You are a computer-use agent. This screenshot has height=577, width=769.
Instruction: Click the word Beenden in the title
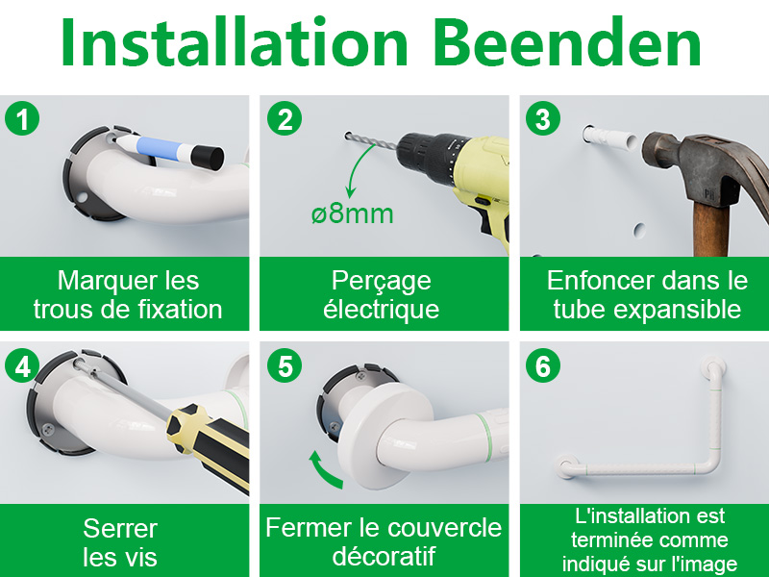[566, 43]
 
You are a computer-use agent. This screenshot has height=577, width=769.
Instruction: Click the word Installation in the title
[235, 41]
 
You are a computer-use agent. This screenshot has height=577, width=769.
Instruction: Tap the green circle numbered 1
[22, 118]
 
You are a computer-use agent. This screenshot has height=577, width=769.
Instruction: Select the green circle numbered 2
[285, 118]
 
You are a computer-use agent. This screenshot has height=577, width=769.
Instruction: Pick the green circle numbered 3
[543, 118]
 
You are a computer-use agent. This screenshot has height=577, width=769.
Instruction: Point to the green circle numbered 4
[22, 365]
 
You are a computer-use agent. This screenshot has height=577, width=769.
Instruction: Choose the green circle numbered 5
[285, 366]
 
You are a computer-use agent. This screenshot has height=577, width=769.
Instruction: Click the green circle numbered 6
[543, 366]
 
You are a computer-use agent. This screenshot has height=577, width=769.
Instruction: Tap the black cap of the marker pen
[207, 157]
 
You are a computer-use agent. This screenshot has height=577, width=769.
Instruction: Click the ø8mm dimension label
[352, 214]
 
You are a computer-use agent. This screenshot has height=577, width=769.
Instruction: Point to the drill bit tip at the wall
[347, 135]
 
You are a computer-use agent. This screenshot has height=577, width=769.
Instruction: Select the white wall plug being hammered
[610, 137]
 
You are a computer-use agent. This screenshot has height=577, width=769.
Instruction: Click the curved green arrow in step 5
[324, 470]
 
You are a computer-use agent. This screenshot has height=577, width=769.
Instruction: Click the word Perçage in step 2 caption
[382, 282]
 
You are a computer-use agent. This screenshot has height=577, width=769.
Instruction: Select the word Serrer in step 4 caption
[120, 528]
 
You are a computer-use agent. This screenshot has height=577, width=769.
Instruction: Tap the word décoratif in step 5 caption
[384, 556]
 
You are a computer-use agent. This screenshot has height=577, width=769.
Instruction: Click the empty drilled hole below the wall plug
[639, 229]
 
